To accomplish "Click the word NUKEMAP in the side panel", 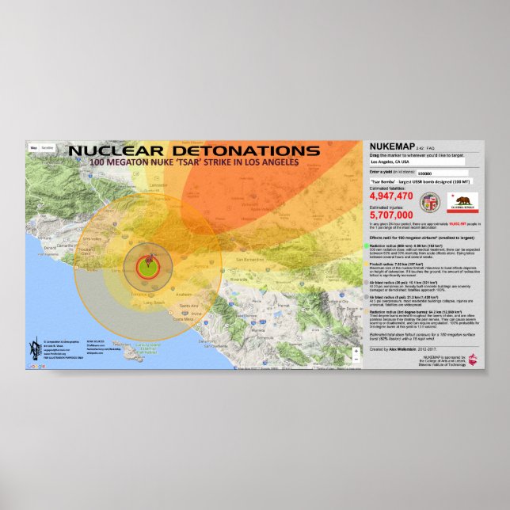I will (393, 148).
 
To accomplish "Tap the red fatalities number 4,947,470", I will (391, 196).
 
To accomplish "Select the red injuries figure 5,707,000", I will (391, 214).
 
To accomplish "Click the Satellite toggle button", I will (48, 147).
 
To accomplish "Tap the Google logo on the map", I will (36, 366).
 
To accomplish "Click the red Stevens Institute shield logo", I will (474, 360).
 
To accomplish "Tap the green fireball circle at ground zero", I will (145, 266).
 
